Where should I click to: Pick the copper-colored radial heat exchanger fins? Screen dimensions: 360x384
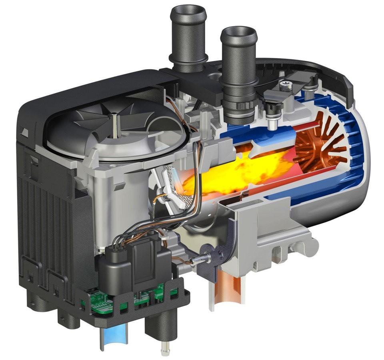coord(320,144)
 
